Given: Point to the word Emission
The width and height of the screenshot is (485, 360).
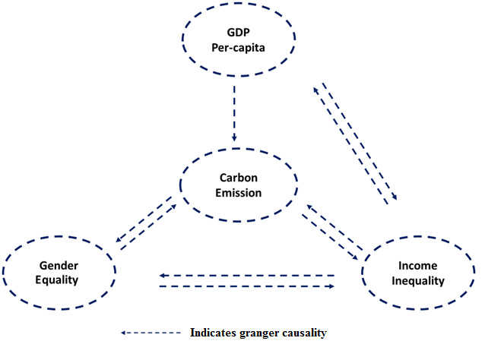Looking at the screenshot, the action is [237, 193].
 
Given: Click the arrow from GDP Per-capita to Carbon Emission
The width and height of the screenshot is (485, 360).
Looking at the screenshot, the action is [235, 113].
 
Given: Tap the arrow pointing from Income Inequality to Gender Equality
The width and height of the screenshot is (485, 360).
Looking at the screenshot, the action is [248, 276].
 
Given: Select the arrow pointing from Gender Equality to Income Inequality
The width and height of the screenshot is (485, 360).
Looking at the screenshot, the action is [248, 286].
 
